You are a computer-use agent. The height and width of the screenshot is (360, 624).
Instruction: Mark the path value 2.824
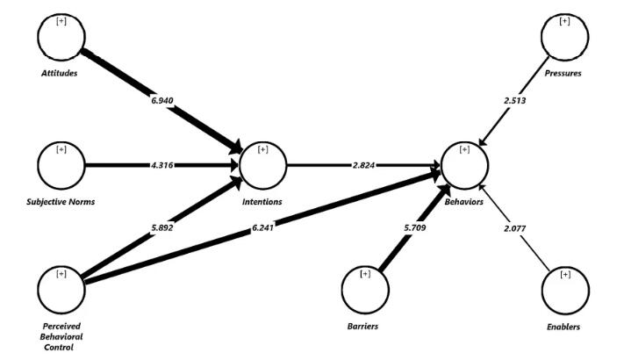click(364, 164)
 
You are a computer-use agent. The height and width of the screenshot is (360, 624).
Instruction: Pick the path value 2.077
click(516, 228)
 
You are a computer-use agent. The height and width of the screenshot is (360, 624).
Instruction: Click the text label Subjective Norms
click(61, 202)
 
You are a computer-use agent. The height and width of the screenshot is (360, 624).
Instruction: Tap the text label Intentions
click(262, 202)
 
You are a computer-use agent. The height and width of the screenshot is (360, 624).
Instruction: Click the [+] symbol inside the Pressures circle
click(564, 20)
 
